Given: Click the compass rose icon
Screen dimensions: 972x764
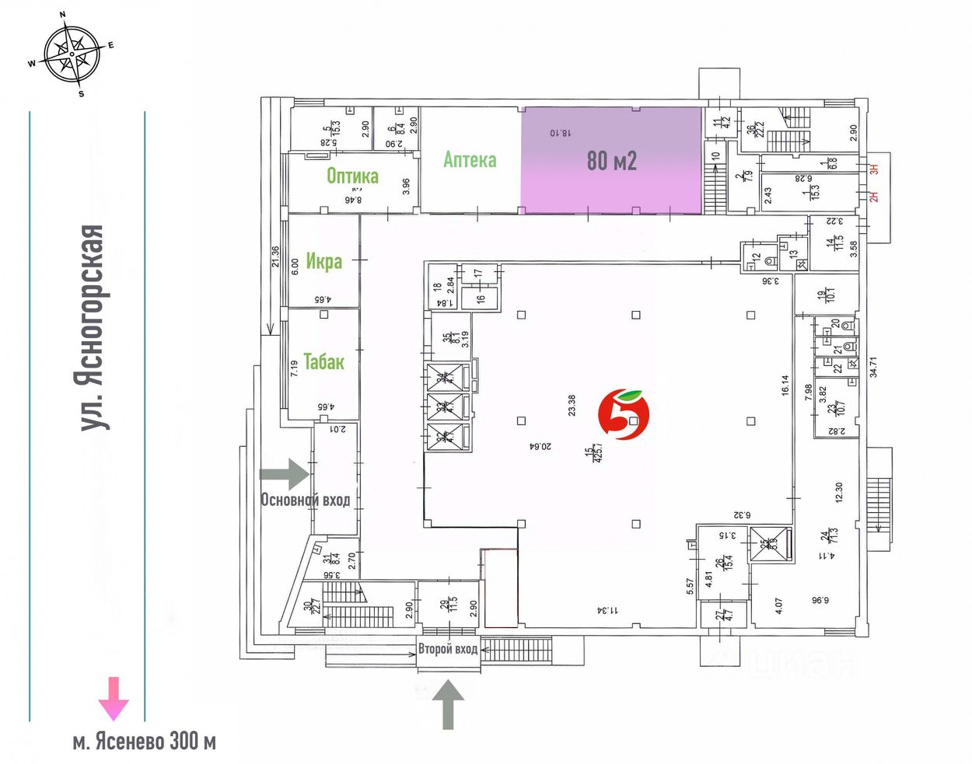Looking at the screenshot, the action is (72, 54).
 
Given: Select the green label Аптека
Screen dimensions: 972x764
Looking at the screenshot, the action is (470, 160).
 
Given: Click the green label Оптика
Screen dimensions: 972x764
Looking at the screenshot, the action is (352, 176).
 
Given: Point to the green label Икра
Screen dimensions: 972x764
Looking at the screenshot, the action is (323, 261).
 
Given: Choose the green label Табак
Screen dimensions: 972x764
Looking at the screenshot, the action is (323, 361).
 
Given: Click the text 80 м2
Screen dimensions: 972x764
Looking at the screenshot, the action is (611, 161).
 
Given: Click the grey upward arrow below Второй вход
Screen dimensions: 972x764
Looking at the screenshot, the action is (448, 703).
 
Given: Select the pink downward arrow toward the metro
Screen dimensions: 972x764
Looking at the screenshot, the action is (114, 697).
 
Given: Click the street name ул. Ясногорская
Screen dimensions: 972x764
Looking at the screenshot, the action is (93, 327).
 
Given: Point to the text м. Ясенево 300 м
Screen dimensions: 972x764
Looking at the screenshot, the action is (144, 741).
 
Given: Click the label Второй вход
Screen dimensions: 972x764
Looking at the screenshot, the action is (448, 649).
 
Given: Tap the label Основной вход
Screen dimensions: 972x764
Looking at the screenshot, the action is (305, 500).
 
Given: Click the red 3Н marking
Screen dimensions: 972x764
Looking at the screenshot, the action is (873, 167).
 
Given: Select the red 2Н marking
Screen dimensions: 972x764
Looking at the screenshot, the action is (873, 197).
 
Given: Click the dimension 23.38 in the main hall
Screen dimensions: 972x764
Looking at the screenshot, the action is (572, 406).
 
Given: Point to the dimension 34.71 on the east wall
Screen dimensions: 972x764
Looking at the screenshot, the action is (872, 367).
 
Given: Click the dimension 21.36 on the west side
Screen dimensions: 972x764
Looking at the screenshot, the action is (275, 256).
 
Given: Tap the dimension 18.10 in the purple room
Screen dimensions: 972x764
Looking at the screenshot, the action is (560, 133).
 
